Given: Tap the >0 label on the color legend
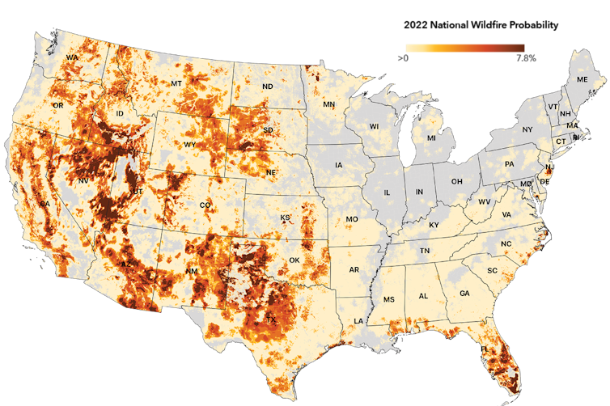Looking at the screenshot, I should (403, 58).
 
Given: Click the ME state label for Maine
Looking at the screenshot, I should (581, 79).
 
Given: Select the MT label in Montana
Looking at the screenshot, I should (176, 84).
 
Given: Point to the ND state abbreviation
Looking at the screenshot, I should (267, 87).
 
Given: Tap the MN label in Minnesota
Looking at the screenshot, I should (328, 105).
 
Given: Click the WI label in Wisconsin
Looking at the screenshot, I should (374, 127).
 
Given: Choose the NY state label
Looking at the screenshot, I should (527, 129).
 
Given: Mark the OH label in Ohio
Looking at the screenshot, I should (456, 181).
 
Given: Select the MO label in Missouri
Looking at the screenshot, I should (352, 219).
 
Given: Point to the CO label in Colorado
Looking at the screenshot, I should (205, 205).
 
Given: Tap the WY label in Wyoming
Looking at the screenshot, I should (190, 145).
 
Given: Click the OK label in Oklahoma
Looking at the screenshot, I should (294, 260).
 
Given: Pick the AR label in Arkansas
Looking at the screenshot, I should (354, 269).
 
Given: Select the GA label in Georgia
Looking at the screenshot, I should (464, 293).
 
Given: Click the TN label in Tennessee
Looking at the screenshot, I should (424, 252).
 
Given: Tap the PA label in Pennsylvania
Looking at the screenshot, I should (509, 164).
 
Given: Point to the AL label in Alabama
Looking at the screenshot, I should (423, 296).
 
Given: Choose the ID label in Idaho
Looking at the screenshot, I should (120, 114).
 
